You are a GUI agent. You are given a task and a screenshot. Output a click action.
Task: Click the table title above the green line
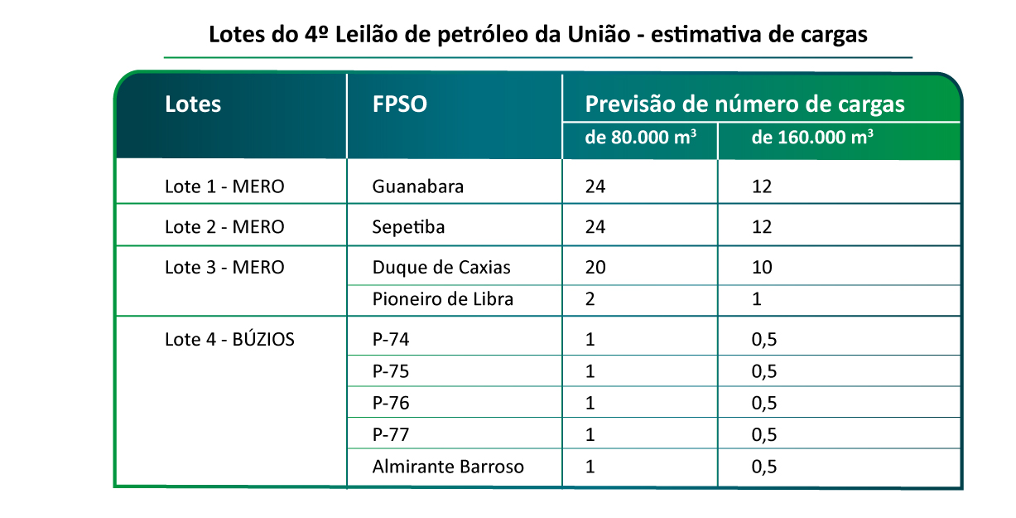coord(537,35)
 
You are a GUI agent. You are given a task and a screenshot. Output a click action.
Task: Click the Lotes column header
coord(193,104)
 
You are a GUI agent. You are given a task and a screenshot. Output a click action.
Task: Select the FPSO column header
coord(400,104)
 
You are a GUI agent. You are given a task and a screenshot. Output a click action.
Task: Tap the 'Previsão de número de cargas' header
coord(744,104)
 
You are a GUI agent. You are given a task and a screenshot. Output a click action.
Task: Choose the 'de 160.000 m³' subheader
coord(811,138)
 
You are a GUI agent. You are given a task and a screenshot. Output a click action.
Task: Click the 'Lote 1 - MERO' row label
coord(224,186)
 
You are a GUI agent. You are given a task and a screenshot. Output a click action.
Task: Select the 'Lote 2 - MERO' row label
coord(224,227)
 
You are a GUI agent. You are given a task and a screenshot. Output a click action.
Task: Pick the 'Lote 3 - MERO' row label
coord(224,268)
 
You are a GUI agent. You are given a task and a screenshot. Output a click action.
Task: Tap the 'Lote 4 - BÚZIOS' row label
coord(229,340)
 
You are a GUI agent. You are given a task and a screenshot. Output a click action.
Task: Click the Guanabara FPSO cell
coord(417,186)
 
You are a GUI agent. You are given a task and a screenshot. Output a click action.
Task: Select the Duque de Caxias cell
coord(441,268)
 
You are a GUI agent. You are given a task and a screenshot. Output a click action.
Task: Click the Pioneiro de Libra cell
coord(442,299)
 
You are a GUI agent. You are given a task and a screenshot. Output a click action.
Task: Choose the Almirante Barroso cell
coord(448,467)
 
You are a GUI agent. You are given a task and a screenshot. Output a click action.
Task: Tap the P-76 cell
coord(391,404)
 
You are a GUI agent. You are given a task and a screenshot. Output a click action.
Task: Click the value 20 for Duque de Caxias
coord(595,268)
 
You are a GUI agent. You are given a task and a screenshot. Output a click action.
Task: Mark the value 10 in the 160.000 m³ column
coord(762,268)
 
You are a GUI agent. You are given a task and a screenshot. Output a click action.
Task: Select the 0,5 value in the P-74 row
coord(764,340)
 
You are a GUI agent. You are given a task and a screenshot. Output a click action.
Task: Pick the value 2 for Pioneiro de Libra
coord(590,299)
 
